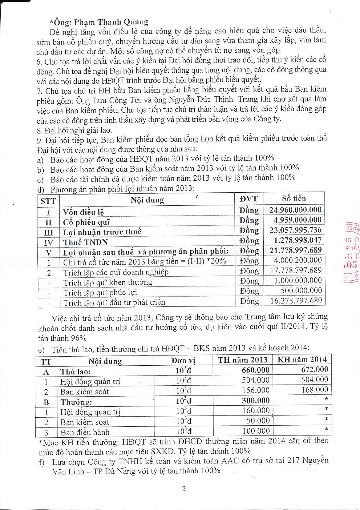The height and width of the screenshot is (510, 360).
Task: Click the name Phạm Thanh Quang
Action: point(111,22)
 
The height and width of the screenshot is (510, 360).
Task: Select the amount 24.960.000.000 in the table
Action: point(295,210)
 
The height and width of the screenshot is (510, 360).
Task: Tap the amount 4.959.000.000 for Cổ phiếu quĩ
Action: point(297,220)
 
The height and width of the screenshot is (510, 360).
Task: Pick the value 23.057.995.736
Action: point(295,230)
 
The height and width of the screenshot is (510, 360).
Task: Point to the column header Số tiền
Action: point(294,198)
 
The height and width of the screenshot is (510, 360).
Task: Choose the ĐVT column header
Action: point(248,199)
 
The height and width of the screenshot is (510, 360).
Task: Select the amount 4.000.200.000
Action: point(298,260)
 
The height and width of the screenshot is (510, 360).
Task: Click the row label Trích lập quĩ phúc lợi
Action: point(100,293)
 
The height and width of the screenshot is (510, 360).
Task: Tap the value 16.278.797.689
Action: point(296,301)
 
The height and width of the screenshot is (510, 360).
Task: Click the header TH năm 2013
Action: point(242,360)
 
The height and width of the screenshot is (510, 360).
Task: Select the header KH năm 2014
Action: point(302,360)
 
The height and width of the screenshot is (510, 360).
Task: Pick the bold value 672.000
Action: point(314,370)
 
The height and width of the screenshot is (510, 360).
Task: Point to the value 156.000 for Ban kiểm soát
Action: point(256,390)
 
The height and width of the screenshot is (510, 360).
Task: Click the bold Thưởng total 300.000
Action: point(256,401)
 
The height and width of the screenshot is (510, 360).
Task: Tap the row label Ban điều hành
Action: point(85,432)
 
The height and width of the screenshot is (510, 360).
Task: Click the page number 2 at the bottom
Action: point(184,489)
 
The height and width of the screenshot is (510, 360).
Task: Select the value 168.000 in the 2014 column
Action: point(315,390)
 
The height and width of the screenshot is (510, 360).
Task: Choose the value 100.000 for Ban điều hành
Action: point(256,431)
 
